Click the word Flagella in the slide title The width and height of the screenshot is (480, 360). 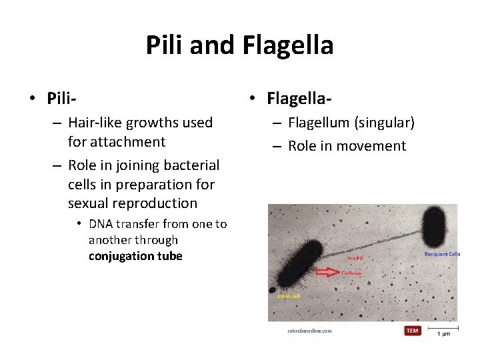tap(288, 45)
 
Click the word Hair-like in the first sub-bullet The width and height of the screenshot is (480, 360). tap(95, 123)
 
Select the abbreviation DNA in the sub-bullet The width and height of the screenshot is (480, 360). tap(101, 224)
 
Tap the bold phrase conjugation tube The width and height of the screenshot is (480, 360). tap(135, 256)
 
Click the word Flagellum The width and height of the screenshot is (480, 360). tap(319, 123)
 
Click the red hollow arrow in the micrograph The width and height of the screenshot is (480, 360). tap(327, 272)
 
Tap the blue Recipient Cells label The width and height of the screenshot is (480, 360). tap(442, 254)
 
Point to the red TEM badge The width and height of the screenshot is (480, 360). tap(413, 330)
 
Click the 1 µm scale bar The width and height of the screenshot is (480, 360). tap(442, 327)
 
